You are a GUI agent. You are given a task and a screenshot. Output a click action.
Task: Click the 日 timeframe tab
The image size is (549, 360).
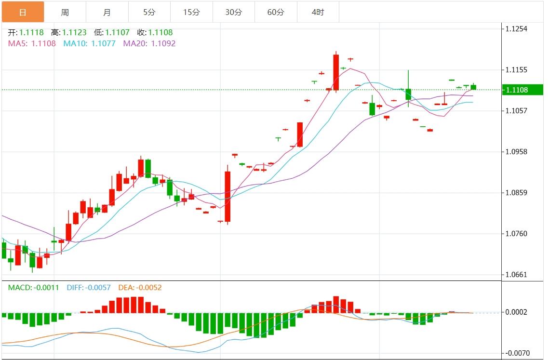23,12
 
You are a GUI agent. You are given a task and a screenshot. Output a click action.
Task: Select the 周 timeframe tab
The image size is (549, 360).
65,12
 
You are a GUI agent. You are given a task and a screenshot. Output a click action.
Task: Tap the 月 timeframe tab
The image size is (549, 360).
107,12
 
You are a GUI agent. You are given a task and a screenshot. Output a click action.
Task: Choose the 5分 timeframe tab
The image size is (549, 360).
149,12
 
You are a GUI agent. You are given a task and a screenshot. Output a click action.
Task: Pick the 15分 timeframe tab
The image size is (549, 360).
191,12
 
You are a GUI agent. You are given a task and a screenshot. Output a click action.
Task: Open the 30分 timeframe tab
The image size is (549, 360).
234,12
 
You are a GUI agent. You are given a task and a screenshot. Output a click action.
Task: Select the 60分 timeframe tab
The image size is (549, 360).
276,12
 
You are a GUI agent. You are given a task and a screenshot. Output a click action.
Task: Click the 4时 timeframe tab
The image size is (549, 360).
318,12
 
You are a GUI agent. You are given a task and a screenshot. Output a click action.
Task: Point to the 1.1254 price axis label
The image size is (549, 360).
516,29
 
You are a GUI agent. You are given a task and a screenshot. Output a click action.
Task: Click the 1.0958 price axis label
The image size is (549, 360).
516,152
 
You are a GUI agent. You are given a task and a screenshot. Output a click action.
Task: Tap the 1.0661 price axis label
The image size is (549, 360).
516,275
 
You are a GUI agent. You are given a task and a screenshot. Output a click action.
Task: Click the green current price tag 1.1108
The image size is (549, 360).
522,90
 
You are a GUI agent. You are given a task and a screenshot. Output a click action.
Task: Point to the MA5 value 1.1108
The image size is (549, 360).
43,43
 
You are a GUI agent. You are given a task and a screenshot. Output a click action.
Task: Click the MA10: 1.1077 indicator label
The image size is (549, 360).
90,43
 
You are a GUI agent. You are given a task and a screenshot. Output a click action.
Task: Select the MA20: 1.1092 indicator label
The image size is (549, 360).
149,43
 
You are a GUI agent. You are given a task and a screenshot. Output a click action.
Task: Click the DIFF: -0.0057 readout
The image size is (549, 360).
89,288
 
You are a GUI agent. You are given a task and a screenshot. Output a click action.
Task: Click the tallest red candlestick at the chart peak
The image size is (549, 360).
336,72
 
